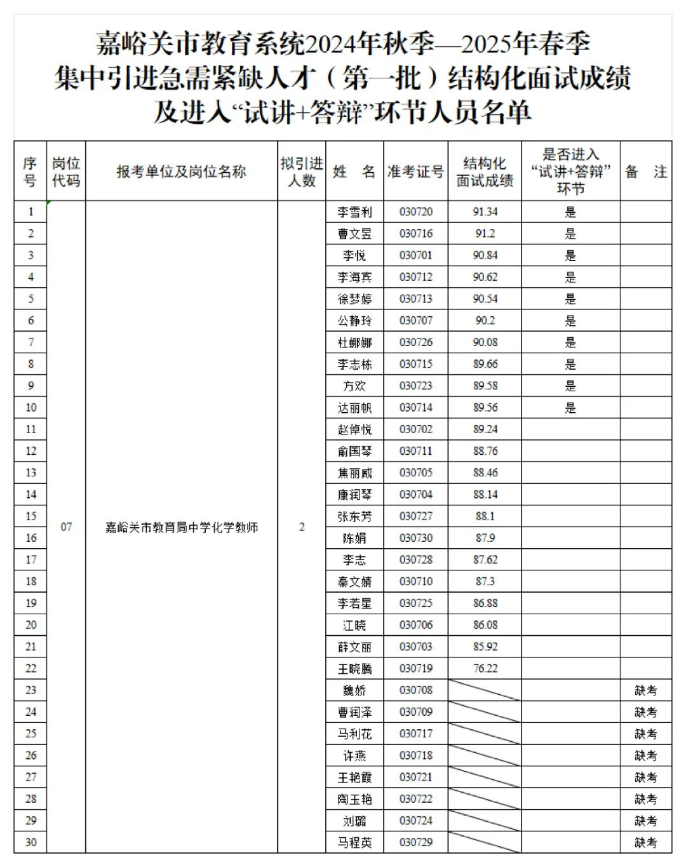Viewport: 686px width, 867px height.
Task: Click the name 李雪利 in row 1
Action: (x=354, y=212)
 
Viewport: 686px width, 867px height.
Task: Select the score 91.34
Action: (x=485, y=212)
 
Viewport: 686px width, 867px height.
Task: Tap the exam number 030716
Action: (x=416, y=234)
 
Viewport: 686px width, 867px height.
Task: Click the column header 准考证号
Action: (x=416, y=171)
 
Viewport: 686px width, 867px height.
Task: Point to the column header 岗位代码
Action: (x=66, y=171)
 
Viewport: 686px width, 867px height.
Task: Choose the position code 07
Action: (x=66, y=527)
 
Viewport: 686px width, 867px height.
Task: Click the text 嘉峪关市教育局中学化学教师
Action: (x=182, y=527)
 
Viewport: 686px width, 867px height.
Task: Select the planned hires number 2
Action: (x=302, y=527)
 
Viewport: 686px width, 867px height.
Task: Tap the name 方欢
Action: (x=354, y=386)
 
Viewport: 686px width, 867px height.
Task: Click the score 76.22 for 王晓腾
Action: (x=485, y=668)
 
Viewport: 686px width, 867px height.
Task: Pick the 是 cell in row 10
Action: (x=570, y=408)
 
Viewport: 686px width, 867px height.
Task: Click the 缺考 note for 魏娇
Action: (x=646, y=690)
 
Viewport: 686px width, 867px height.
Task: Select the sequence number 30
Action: (x=30, y=842)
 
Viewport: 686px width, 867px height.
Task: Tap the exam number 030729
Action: (x=416, y=842)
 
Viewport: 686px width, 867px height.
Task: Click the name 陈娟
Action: (x=354, y=538)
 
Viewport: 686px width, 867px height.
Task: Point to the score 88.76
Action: (x=485, y=451)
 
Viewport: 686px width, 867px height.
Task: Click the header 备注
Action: (x=646, y=171)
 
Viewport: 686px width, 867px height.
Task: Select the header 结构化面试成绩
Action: (x=485, y=171)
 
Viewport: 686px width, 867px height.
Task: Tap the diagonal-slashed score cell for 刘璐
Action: (x=485, y=821)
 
